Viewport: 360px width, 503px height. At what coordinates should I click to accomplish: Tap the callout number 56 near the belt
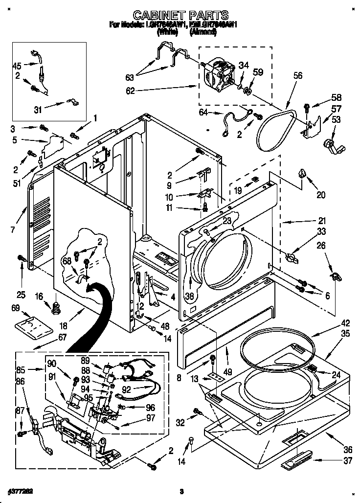pyautogui.click(x=298, y=75)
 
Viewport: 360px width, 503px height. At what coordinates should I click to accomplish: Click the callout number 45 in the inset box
pyautogui.click(x=17, y=66)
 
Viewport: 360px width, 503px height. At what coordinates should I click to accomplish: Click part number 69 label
pyautogui.click(x=15, y=307)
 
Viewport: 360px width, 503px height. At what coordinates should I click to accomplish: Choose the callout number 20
pyautogui.click(x=321, y=194)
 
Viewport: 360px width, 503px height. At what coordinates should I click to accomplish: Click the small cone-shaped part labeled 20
pyautogui.click(x=302, y=173)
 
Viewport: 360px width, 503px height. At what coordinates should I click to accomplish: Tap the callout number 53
pyautogui.click(x=337, y=119)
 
